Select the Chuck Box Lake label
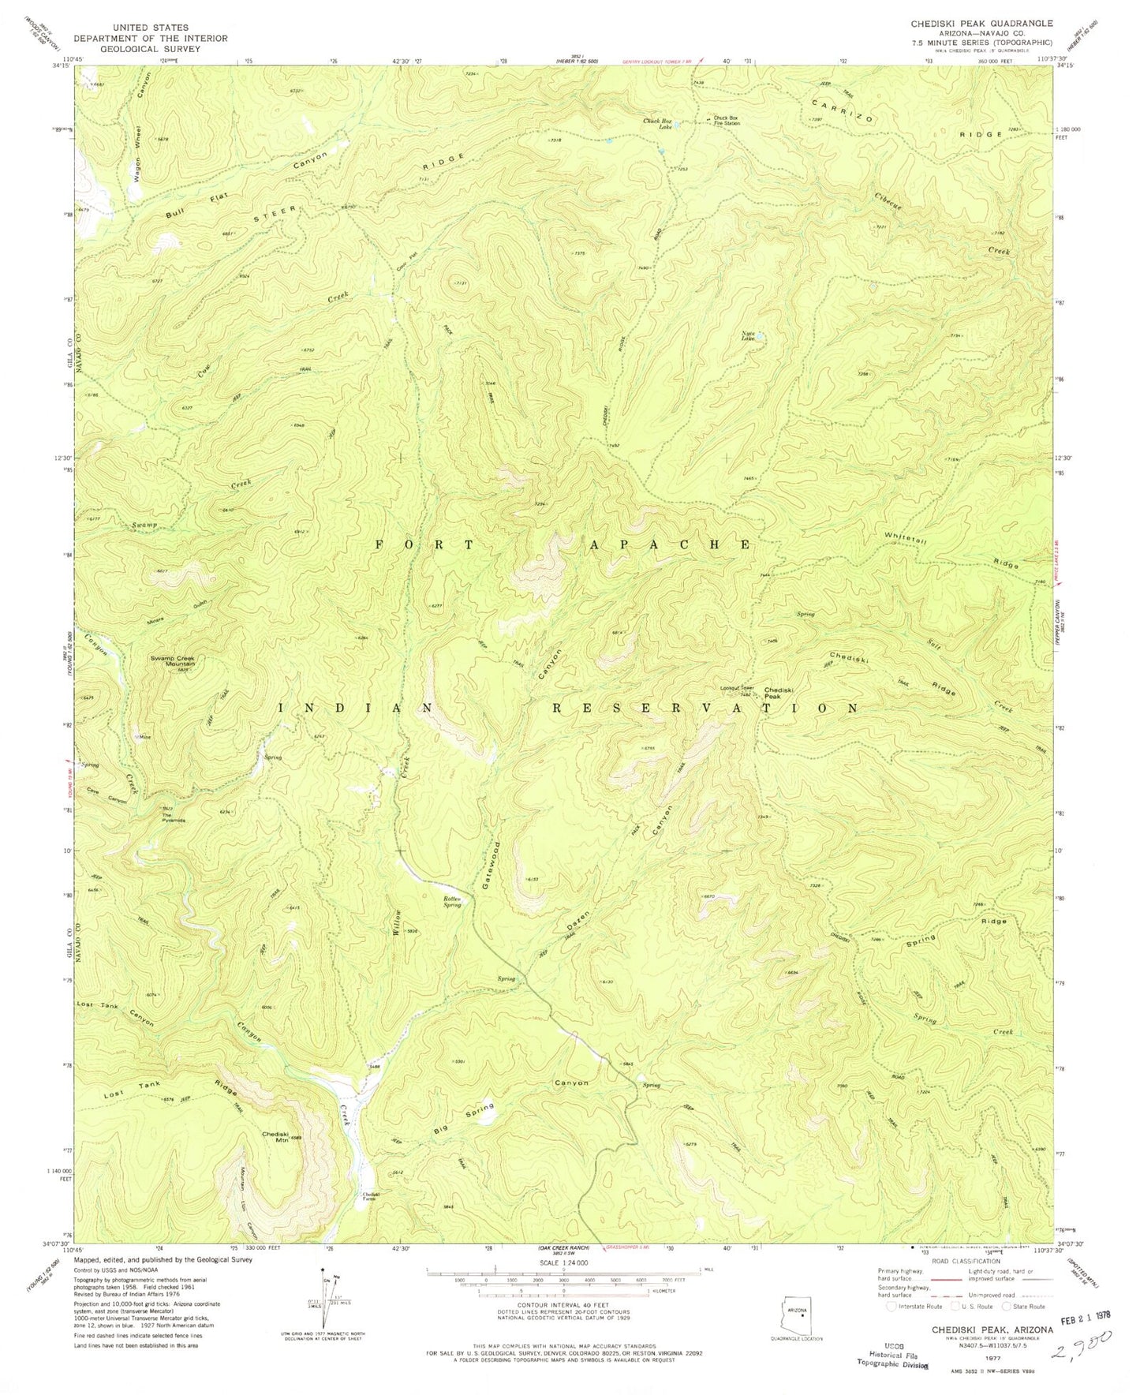point(661,123)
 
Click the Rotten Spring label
point(451,901)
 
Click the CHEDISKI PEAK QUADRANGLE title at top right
point(981,24)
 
